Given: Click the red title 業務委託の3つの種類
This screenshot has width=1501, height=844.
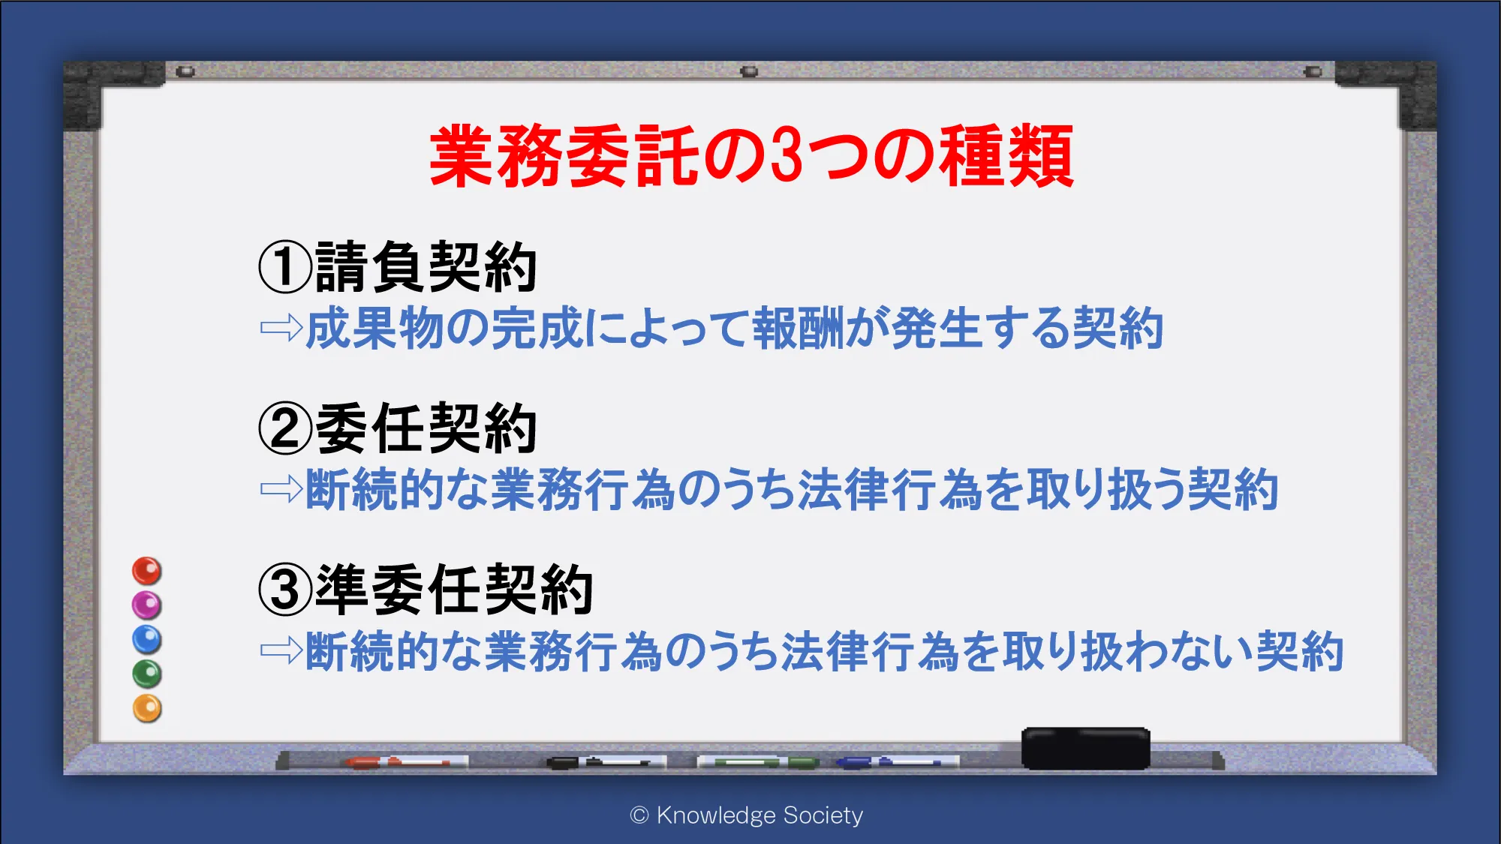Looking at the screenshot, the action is pyautogui.click(x=751, y=156).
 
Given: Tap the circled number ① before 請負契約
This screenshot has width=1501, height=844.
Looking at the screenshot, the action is pyautogui.click(x=285, y=266).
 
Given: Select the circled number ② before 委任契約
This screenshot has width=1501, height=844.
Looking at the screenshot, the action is pyautogui.click(x=285, y=428).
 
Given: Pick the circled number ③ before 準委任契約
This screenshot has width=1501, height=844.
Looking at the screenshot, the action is pyautogui.click(x=285, y=590).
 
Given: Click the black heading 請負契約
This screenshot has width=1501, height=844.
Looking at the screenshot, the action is pyautogui.click(x=426, y=266).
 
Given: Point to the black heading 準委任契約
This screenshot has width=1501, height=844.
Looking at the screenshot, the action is pyautogui.click(x=455, y=590).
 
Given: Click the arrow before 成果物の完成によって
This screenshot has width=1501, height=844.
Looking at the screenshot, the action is pyautogui.click(x=281, y=328).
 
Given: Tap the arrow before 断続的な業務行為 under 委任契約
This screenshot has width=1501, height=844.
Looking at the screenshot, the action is pyautogui.click(x=281, y=489).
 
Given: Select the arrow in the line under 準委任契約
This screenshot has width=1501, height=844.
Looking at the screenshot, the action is pyautogui.click(x=281, y=650).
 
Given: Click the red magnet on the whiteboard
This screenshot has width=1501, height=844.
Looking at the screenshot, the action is pyautogui.click(x=147, y=571).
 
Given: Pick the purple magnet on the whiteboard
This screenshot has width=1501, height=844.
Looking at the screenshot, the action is pyautogui.click(x=147, y=605).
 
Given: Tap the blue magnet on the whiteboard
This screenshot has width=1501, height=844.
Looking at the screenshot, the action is pyautogui.click(x=147, y=640).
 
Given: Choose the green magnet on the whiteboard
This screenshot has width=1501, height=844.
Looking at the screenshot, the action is pyautogui.click(x=147, y=674).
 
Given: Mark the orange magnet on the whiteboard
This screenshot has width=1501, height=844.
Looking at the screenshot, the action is pyautogui.click(x=147, y=708).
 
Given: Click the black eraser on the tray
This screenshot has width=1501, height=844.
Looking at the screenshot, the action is pyautogui.click(x=1086, y=748).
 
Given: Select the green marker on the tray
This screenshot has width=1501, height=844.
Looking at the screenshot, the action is pyautogui.click(x=758, y=762).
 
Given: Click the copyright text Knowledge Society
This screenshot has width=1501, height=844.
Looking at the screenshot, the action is pyautogui.click(x=747, y=815).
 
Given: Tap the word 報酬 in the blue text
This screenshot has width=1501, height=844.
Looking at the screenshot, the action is pyautogui.click(x=799, y=328).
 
